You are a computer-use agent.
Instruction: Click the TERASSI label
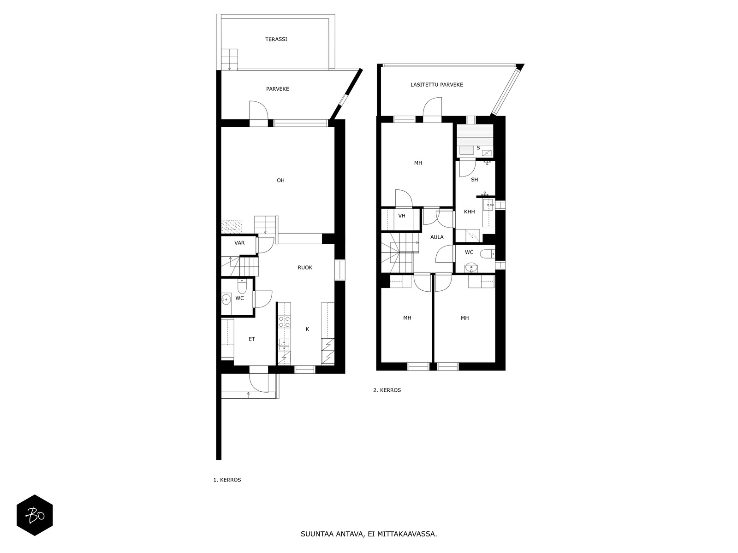[x=276, y=39]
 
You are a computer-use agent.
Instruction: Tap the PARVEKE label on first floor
[x=277, y=89]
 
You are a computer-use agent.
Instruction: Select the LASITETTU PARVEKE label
[x=437, y=85]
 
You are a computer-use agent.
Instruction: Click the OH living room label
[x=280, y=180]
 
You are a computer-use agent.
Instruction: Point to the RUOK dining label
[x=305, y=268]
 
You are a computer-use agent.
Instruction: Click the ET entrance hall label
[x=251, y=339]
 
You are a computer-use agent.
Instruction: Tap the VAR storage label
[x=239, y=243]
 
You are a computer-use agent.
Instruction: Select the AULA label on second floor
[x=437, y=237]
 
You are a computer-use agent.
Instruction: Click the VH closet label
[x=402, y=216]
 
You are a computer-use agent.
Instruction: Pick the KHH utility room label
[x=470, y=212]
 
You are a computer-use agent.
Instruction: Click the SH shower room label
[x=475, y=180]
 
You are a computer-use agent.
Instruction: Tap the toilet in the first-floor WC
[x=242, y=286]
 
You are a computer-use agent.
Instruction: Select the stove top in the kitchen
[x=285, y=322]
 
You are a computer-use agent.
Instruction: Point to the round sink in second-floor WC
[x=471, y=268]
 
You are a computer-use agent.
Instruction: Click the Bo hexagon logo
[x=35, y=515]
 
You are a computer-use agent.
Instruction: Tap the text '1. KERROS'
[x=227, y=480]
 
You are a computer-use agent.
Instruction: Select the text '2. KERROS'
[x=387, y=390]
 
